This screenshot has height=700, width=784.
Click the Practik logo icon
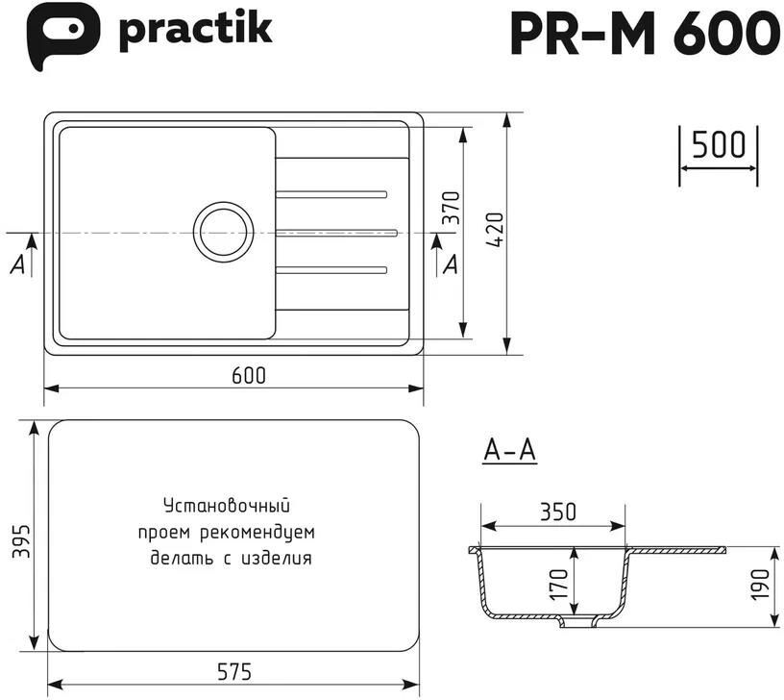pos(63,35)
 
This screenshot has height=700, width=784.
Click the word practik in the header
pos(195,31)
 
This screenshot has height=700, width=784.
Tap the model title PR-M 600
pos(645,33)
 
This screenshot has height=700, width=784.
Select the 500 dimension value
pos(719,144)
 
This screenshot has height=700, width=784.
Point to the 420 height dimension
pos(496,230)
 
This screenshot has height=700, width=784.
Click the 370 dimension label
pos(452,208)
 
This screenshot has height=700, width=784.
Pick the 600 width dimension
pos(249,375)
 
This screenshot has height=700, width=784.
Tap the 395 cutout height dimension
pos(21,541)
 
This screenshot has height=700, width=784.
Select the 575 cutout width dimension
pos(234,671)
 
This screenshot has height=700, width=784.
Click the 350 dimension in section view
pos(558,512)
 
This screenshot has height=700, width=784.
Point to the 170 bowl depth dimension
pos(559,585)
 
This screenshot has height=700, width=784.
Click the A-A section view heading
pos(510,450)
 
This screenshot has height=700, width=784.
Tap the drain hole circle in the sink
pos(223,232)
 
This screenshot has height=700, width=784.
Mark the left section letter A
pos(17,264)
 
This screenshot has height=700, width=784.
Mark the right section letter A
pos(451,264)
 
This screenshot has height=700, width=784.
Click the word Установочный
pos(227,506)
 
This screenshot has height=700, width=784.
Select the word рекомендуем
pos(257,533)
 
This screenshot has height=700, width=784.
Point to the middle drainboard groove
pos(336,233)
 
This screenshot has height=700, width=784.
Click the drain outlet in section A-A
pos(578,621)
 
